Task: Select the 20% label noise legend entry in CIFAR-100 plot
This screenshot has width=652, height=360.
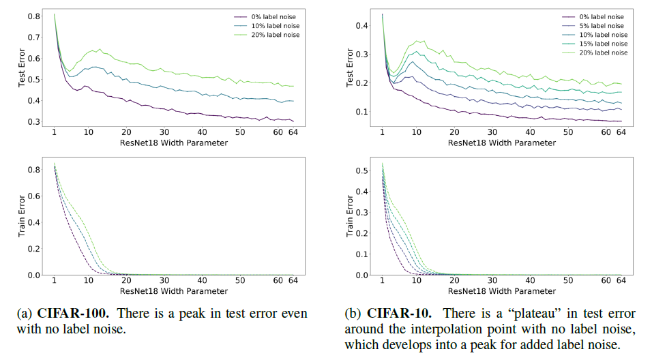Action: [x=267, y=35]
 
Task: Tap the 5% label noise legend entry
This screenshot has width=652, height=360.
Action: [x=593, y=26]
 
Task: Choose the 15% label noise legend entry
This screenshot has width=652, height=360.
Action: [x=595, y=44]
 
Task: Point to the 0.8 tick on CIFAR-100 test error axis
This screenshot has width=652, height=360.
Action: [x=33, y=16]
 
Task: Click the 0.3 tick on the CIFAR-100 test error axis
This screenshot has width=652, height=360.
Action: [x=33, y=122]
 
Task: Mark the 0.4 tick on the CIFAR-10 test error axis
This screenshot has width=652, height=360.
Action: [x=361, y=26]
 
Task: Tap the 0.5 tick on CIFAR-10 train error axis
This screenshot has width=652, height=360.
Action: [x=361, y=170]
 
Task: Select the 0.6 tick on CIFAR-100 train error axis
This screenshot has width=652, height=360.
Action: [x=33, y=196]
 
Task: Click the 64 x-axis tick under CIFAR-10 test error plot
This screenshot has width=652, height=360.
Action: [x=621, y=132]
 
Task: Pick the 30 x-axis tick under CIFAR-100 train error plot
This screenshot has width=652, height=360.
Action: [x=164, y=281]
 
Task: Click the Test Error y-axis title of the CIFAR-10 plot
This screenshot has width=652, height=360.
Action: [x=350, y=67]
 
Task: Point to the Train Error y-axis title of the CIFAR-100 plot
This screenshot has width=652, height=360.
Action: [x=22, y=216]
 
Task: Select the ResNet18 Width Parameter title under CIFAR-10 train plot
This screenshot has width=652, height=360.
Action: [x=502, y=291]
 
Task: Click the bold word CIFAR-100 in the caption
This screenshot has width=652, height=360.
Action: [x=73, y=314]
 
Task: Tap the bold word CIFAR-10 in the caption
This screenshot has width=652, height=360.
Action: [x=399, y=314]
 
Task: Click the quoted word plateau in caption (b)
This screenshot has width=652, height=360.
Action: [x=535, y=314]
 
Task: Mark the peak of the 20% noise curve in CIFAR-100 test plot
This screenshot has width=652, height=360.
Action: [x=100, y=49]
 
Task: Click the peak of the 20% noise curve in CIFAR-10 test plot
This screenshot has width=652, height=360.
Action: [x=424, y=41]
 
